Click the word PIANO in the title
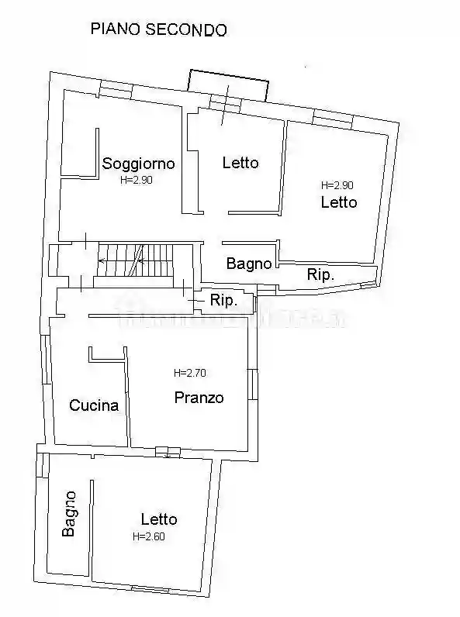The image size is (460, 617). tap(116, 29)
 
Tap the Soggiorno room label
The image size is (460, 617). tap(138, 164)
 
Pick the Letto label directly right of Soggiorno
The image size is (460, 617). tap(240, 163)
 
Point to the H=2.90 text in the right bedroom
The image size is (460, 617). tap(337, 185)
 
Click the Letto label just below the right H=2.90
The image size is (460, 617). tap(339, 202)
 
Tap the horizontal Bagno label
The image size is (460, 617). tap(249, 264)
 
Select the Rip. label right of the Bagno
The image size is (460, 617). tap(321, 274)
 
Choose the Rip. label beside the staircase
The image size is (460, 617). tap(223, 301)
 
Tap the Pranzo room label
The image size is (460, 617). tap(199, 398)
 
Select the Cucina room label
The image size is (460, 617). tap(94, 405)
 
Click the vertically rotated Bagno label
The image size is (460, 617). tap(70, 513)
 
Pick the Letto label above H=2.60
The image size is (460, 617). tap(158, 519)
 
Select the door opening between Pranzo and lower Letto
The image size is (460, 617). tap(167, 451)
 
